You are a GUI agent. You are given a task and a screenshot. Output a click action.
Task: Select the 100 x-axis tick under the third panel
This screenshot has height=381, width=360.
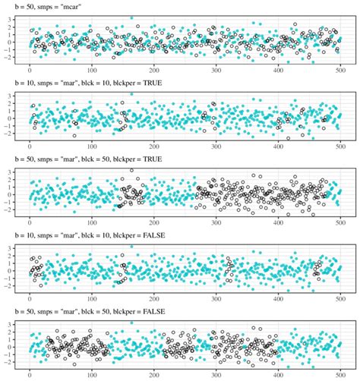93,222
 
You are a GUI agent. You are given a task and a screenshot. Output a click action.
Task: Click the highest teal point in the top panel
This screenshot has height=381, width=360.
131,17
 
